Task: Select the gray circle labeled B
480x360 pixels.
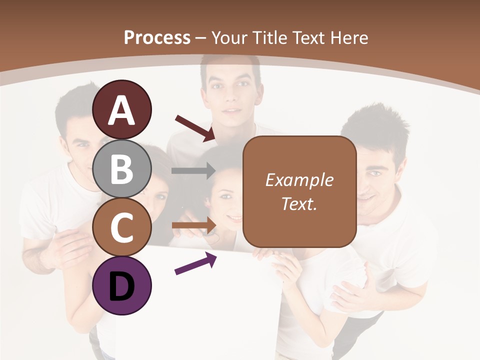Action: click(x=122, y=168)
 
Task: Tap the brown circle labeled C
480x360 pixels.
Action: click(x=122, y=227)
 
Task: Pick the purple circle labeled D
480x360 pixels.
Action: click(x=122, y=285)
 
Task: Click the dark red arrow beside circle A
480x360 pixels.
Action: click(x=195, y=127)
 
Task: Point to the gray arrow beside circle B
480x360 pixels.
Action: click(x=193, y=171)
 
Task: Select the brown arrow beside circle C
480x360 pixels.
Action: click(x=193, y=225)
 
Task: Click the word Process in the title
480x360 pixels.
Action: click(x=157, y=37)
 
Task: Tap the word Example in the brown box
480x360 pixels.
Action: click(x=299, y=180)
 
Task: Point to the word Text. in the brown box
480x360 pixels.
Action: click(x=299, y=204)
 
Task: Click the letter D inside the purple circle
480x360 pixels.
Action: click(x=122, y=286)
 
